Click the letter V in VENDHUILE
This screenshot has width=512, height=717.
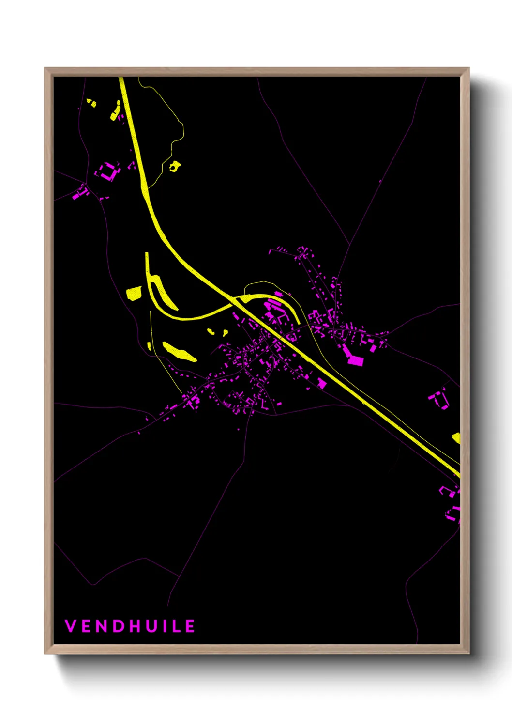[x=71, y=626]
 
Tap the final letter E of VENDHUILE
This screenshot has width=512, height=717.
[x=190, y=626]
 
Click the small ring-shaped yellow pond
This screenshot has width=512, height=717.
[x=174, y=167]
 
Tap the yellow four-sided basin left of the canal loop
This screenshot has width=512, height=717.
[x=134, y=294]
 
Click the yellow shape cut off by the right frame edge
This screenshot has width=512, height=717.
[x=456, y=438]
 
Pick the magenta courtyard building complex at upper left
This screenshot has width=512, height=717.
[x=108, y=171]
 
